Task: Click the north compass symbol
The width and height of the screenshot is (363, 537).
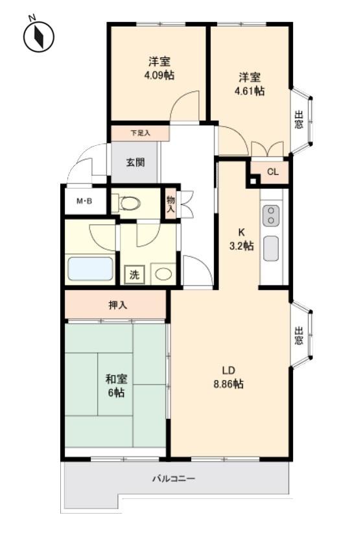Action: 39,36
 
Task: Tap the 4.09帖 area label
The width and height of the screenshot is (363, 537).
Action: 159,75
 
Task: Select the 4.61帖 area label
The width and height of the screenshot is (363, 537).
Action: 250,91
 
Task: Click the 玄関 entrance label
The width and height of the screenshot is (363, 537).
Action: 135,162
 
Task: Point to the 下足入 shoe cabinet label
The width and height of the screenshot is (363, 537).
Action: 141,133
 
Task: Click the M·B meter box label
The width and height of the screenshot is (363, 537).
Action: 84,201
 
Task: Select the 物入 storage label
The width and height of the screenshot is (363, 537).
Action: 170,204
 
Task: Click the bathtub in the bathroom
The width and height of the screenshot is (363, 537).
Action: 90,268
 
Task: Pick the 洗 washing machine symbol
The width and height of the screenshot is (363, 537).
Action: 134,274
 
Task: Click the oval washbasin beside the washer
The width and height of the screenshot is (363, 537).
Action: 163,274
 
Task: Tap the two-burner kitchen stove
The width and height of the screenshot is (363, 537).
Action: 271,215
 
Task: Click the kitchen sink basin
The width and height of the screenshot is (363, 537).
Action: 271,248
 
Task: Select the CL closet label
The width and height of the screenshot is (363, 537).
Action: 273,172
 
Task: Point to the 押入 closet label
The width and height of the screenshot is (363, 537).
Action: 118,305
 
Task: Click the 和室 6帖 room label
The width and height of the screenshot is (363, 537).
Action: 117,386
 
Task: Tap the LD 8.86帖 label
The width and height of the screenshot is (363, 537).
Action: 228,377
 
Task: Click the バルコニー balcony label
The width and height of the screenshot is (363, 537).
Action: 174,479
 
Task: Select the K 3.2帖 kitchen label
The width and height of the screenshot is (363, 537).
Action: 241,239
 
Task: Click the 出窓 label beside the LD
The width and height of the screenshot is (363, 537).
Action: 299,336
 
